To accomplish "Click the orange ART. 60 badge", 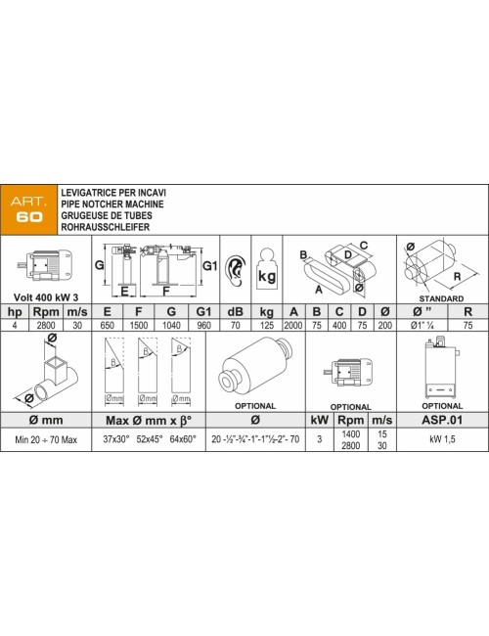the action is click(x=28, y=209).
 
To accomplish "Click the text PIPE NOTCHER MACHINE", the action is click(x=112, y=204).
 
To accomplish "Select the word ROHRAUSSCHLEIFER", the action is click(x=106, y=227).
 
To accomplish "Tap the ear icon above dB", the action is click(x=236, y=270).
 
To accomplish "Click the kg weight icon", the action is click(x=267, y=269).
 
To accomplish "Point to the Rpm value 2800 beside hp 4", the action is click(x=46, y=325).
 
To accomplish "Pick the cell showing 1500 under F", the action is click(x=138, y=325).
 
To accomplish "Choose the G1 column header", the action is click(x=203, y=311).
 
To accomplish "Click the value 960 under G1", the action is click(x=203, y=325).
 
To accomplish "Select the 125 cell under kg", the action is click(x=266, y=325).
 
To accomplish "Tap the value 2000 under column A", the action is click(x=293, y=325).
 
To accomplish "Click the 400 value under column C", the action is click(x=339, y=325).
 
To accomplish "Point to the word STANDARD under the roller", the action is click(x=441, y=298).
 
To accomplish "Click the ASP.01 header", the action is click(x=442, y=420).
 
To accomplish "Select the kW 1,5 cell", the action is click(x=442, y=439).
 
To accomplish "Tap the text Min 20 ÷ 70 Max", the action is click(x=46, y=439).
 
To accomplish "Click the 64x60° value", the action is click(x=183, y=439).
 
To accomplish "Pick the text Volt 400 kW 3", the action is click(x=46, y=297).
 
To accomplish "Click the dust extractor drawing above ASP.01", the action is click(x=441, y=368).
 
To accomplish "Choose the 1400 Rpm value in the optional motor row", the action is click(x=351, y=434).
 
